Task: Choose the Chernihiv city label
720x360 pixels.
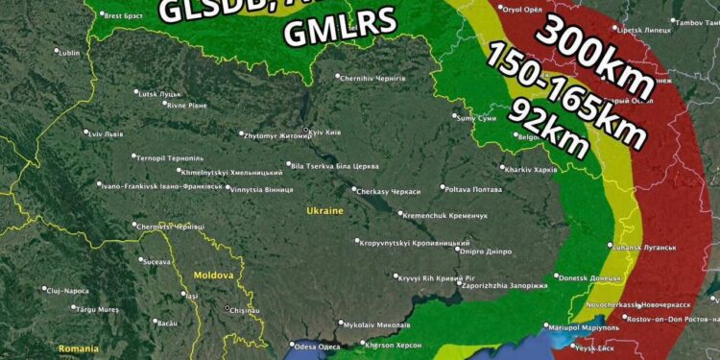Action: (373, 78)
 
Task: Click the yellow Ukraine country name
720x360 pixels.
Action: (324, 210)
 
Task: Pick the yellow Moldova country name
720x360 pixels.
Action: (213, 276)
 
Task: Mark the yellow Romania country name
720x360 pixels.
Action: (79, 348)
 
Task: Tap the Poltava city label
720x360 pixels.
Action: (474, 189)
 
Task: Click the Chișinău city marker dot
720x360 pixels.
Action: (228, 308)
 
